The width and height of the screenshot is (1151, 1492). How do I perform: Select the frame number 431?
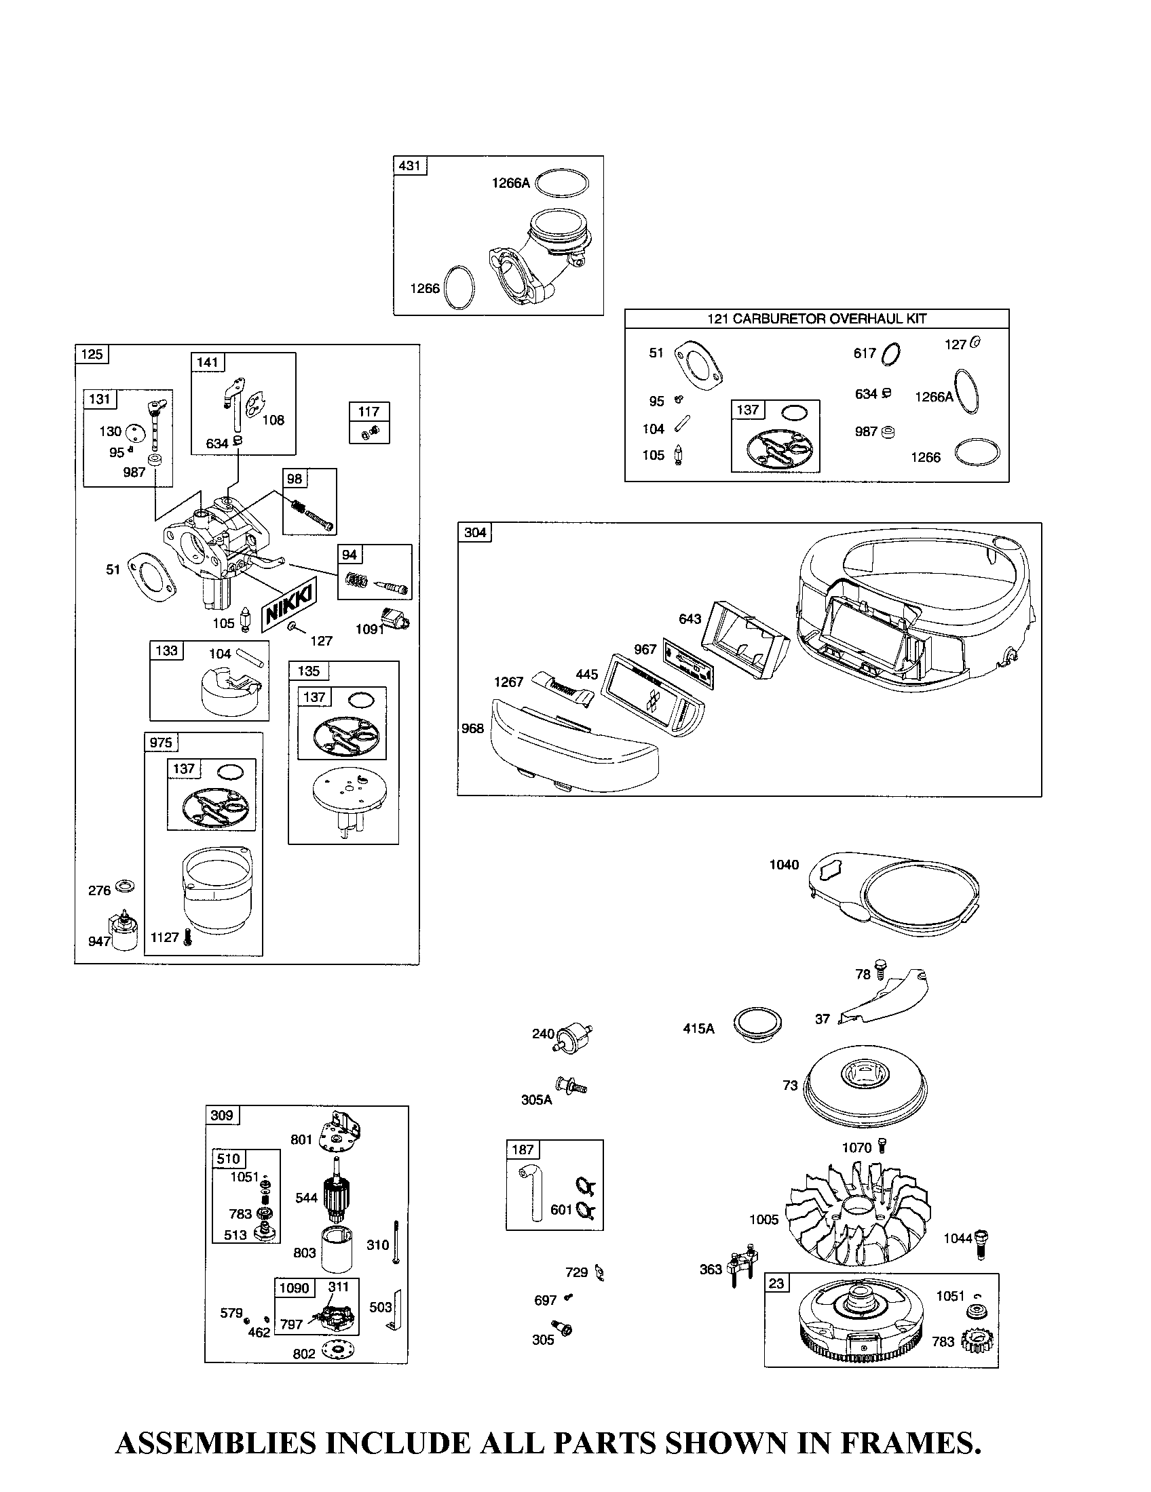(409, 165)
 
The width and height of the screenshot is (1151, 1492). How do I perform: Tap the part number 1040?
(784, 865)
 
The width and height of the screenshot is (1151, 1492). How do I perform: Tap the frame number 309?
(221, 1116)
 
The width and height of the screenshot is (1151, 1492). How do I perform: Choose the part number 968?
(472, 728)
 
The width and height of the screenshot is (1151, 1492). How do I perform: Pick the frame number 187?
(523, 1150)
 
